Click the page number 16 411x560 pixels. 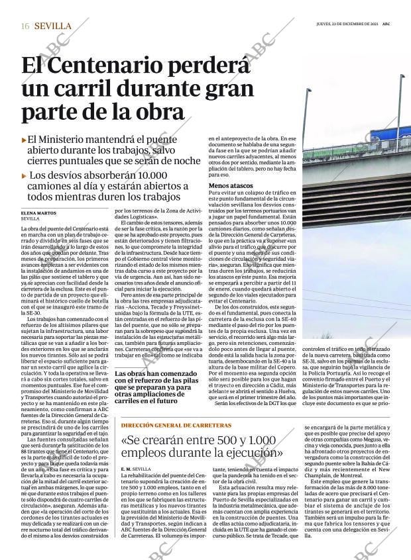[25, 26]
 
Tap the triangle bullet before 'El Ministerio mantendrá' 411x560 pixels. [24, 140]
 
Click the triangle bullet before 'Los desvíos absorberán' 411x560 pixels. [24, 176]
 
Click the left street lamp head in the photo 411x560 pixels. [308, 91]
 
